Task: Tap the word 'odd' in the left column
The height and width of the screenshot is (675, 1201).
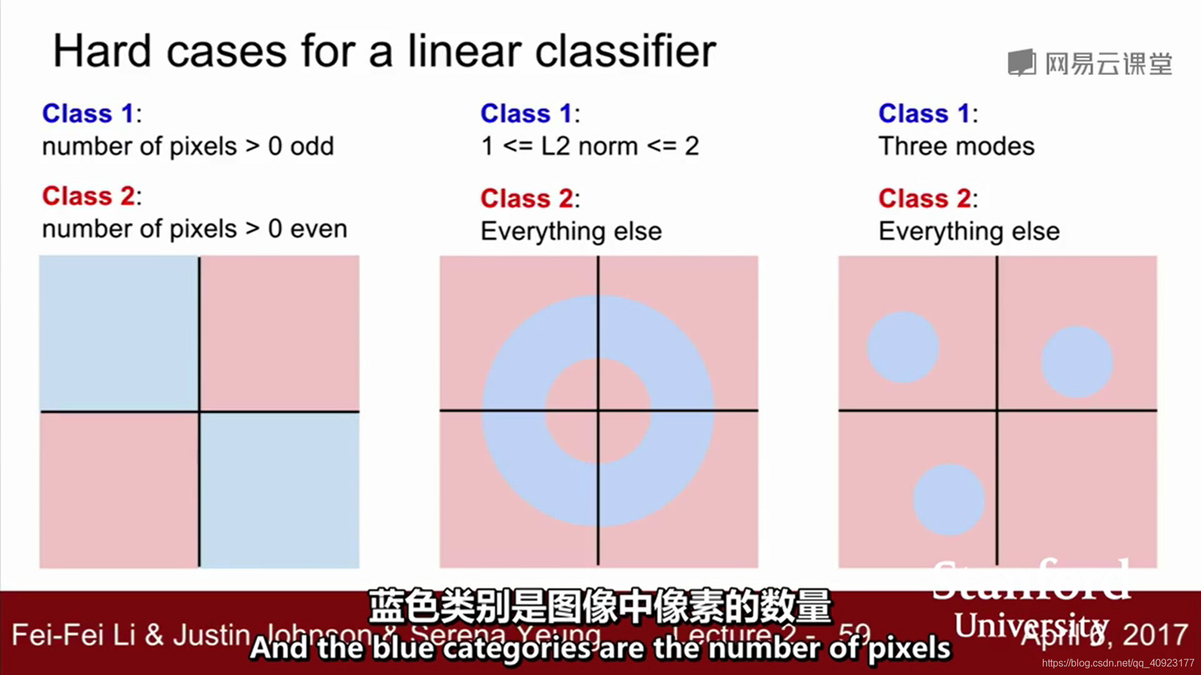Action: point(312,147)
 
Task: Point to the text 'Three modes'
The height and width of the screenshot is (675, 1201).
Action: point(956,147)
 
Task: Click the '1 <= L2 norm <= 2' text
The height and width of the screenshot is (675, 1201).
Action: point(589,147)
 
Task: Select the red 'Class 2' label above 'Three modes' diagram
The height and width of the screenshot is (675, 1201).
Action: point(925,199)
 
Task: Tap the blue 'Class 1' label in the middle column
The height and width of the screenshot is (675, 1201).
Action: point(526,114)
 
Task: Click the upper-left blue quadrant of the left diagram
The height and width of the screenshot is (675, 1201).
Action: point(119,333)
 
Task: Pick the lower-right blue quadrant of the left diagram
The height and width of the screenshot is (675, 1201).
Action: point(280,490)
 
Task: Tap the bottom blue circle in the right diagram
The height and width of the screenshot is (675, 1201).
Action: point(948,500)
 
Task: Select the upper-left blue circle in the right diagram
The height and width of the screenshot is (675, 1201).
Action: point(902,347)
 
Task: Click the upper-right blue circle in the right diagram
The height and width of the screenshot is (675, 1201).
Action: point(1077,362)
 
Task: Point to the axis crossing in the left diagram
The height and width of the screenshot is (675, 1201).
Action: point(200,411)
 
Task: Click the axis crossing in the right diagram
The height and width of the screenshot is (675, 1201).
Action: point(997,411)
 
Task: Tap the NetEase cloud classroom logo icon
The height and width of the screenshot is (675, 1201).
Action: point(1021,63)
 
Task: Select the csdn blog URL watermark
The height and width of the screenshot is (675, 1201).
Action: point(1117,663)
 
